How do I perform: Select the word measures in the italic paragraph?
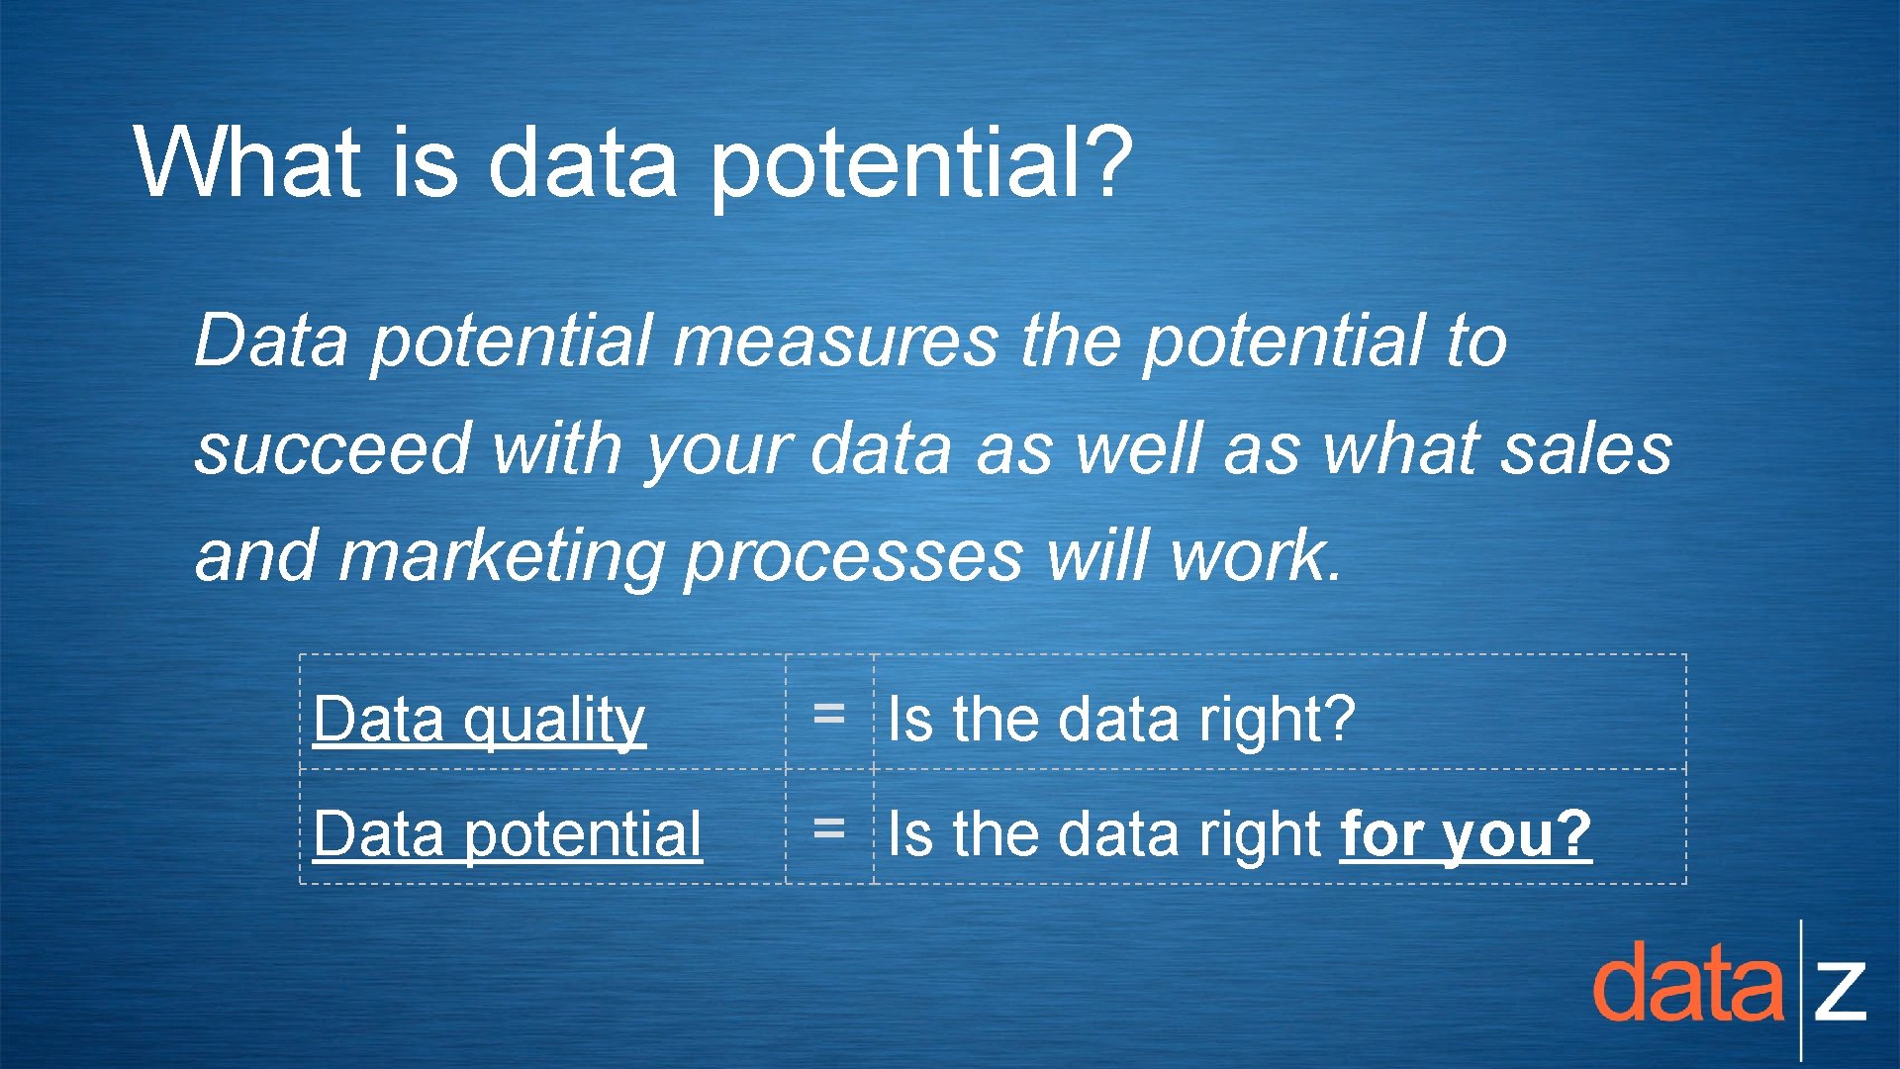coord(836,341)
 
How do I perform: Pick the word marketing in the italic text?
coord(501,556)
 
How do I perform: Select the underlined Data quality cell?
coord(479,719)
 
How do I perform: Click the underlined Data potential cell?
coord(507,833)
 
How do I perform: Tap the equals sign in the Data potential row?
coord(828,827)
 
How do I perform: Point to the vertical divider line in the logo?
coord(1801,990)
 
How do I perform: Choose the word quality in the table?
coord(554,721)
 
